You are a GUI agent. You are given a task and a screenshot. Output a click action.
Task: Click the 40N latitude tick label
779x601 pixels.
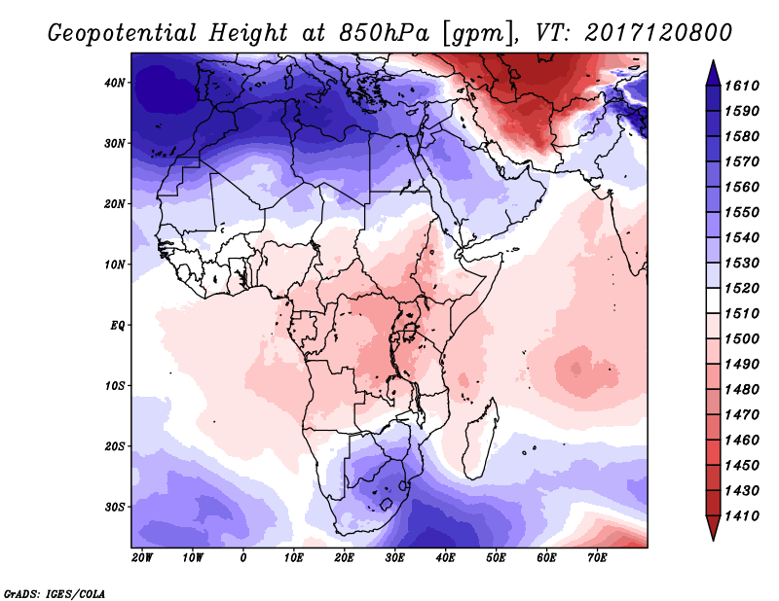coord(114,83)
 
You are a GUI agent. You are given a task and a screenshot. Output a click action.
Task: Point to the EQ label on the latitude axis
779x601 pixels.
coord(118,326)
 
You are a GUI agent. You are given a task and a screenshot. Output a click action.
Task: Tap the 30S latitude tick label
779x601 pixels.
coord(114,508)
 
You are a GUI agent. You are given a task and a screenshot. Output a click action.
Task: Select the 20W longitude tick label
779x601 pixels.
coord(142,558)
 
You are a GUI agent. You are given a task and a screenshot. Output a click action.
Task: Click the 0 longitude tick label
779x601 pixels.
coord(242,558)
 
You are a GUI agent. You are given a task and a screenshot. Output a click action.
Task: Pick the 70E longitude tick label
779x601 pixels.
coord(597,558)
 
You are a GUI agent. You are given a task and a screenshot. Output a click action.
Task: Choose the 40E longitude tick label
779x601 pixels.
coord(445,558)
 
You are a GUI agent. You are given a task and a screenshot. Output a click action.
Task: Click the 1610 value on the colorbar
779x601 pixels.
coord(742,86)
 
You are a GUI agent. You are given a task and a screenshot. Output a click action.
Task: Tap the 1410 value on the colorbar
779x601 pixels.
coord(742,516)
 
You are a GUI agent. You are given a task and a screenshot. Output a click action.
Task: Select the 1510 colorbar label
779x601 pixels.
coord(742,314)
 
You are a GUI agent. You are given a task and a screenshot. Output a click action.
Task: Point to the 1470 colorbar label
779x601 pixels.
coord(742,415)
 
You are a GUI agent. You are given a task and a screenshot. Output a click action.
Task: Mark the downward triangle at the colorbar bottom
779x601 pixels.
coord(713,527)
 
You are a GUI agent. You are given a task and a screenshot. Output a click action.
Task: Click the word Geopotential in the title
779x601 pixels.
coord(123,33)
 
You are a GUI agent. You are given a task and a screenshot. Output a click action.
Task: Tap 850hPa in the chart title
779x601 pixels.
coord(384,33)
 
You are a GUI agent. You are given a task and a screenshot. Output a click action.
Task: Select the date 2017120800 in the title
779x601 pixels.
coord(658,33)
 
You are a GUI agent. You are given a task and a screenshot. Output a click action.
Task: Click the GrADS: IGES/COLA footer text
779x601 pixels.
coord(55,594)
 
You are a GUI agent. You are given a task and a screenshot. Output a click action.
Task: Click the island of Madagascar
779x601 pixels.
coord(479,442)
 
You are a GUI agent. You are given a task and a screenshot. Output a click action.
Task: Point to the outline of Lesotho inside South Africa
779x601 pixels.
coord(387,505)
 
